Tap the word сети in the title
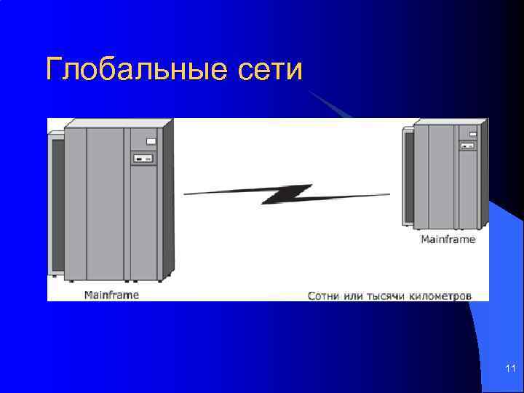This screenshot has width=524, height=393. (x=269, y=70)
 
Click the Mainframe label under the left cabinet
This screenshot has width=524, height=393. (x=111, y=295)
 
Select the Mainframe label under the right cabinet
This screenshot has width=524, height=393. (x=448, y=239)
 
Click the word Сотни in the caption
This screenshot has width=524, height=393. (x=325, y=296)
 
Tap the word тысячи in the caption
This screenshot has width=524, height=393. (x=390, y=296)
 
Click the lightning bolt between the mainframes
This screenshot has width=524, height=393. (x=287, y=194)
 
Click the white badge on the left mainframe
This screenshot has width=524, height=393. (x=151, y=141)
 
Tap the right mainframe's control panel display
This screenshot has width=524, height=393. (x=467, y=146)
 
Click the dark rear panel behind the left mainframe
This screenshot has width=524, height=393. (x=56, y=204)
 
